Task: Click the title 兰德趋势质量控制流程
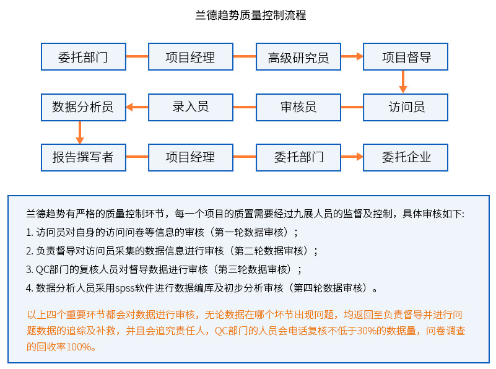(x=250, y=15)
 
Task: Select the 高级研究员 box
(x=298, y=57)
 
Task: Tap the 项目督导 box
(x=406, y=57)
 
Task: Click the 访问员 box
(x=406, y=106)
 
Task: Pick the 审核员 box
(x=298, y=106)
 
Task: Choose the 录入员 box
(x=191, y=106)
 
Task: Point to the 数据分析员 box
(x=83, y=106)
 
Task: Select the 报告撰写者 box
(x=83, y=157)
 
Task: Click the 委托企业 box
(x=406, y=157)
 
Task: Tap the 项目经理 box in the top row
(x=191, y=57)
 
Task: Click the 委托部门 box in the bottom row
(x=298, y=157)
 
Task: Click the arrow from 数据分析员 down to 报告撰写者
(x=80, y=132)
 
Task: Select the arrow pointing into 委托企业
(x=352, y=157)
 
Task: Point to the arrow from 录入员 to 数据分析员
(x=137, y=107)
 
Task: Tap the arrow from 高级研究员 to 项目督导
(x=352, y=56)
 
